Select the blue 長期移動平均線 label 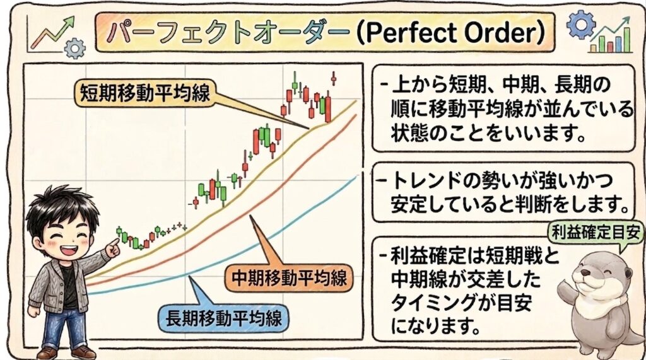(x=224, y=318)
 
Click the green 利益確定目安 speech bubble (x=596, y=233)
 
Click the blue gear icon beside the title (x=580, y=25)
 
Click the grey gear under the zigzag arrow (x=75, y=48)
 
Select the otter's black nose (x=584, y=272)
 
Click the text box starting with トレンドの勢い (x=503, y=192)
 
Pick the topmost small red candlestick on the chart (x=333, y=78)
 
